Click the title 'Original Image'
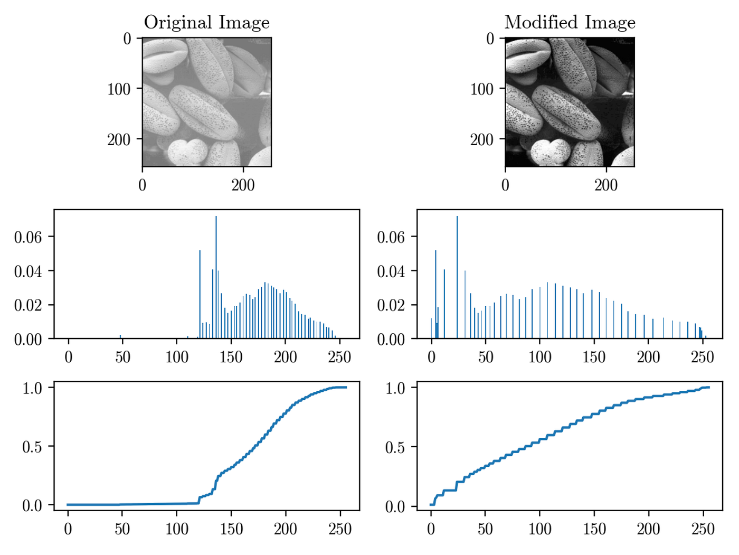pyautogui.click(x=206, y=22)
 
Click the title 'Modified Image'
pyautogui.click(x=570, y=22)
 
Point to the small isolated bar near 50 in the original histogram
pyautogui.click(x=120, y=336)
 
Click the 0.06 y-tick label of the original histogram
pyautogui.click(x=27, y=237)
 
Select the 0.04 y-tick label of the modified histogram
pyautogui.click(x=391, y=271)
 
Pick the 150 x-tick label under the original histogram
pyautogui.click(x=231, y=358)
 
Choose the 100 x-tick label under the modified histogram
pyautogui.click(x=539, y=358)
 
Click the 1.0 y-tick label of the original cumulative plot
pyautogui.click(x=32, y=388)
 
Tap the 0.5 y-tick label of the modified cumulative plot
pyautogui.click(x=395, y=447)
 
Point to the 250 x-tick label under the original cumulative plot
pyautogui.click(x=339, y=529)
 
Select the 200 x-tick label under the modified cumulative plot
pyautogui.click(x=648, y=529)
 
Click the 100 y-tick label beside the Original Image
pyautogui.click(x=119, y=89)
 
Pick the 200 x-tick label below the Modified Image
pyautogui.click(x=606, y=185)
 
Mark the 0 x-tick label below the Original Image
pyautogui.click(x=143, y=185)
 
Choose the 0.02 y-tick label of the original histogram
pyautogui.click(x=27, y=305)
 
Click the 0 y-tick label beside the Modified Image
pyautogui.click(x=490, y=39)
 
